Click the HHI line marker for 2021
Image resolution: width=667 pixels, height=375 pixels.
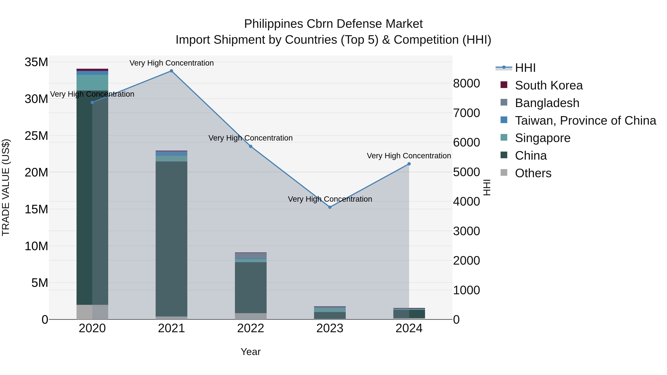coord(171,71)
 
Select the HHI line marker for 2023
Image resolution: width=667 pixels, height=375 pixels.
coord(330,207)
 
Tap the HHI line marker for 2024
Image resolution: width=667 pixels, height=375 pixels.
coord(409,164)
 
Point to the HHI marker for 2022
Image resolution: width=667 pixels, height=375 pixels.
coord(251,146)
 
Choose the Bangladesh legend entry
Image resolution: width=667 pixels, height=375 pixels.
coord(547,103)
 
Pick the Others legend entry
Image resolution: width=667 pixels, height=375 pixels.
coord(533,173)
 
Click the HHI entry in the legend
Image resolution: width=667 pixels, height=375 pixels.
coord(525,68)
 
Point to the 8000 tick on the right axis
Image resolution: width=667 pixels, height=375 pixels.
coord(466,83)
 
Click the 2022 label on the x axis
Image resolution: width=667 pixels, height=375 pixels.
coord(251,328)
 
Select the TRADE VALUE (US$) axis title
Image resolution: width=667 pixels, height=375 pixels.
coord(6,187)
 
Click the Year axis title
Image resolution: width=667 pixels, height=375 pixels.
coord(251,352)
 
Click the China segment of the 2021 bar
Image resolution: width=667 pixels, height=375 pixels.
coord(171,238)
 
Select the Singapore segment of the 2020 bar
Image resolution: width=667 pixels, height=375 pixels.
coord(92,83)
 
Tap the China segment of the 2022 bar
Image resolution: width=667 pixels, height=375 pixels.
coord(251,287)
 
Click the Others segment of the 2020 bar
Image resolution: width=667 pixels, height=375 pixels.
coord(92,312)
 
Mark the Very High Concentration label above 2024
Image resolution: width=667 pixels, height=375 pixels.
coord(409,156)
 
